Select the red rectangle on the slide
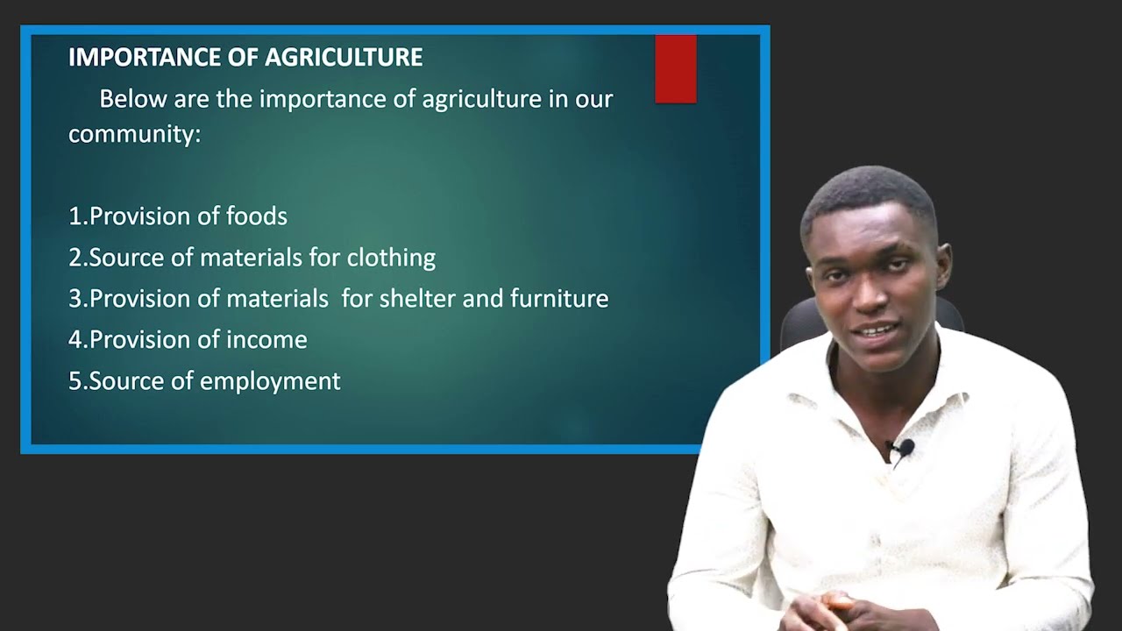tap(676, 69)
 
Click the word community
tap(132, 134)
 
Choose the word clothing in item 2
tap(391, 258)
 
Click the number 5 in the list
tap(75, 381)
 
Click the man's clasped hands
tap(828, 609)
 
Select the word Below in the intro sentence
tap(132, 99)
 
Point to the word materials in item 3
tap(277, 299)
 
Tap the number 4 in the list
tap(75, 340)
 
